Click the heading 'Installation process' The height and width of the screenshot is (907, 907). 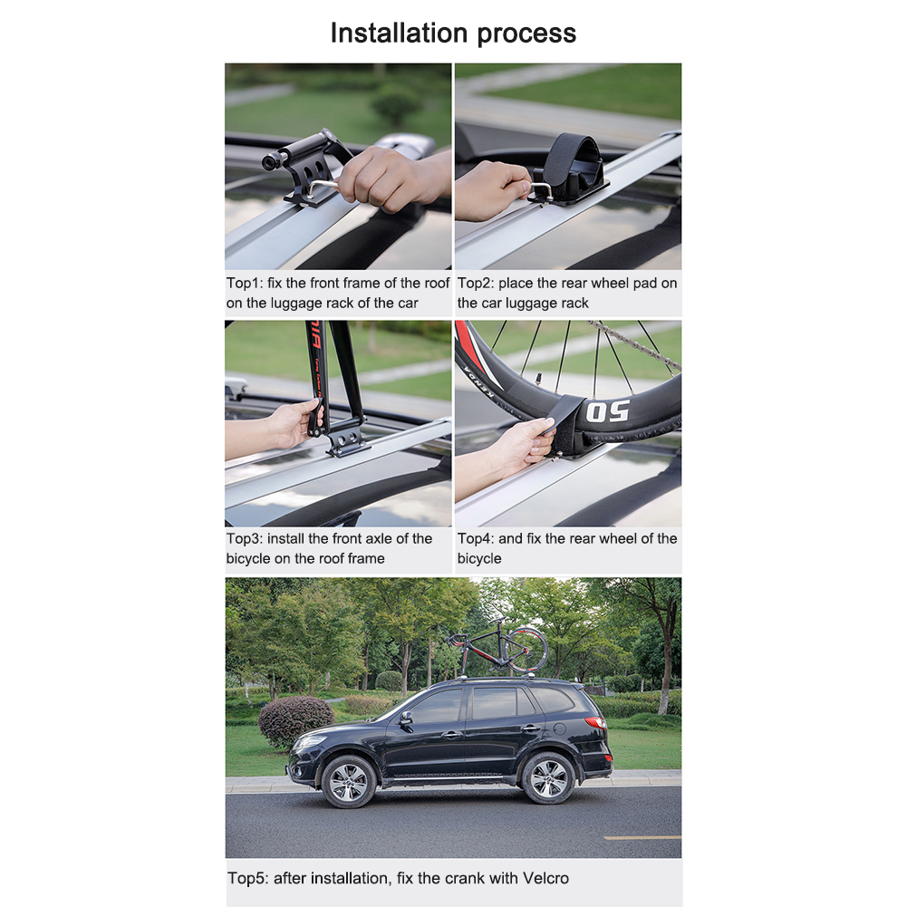tap(453, 33)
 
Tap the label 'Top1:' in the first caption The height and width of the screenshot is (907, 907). tap(245, 284)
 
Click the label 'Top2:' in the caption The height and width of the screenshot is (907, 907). tap(476, 284)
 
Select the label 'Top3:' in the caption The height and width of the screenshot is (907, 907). tap(245, 539)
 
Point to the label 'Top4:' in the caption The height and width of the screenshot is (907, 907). tap(476, 539)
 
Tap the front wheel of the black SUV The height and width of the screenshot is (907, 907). tap(348, 780)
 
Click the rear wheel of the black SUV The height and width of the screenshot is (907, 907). tap(547, 778)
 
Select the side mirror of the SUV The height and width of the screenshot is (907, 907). tap(405, 718)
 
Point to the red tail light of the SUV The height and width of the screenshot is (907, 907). tap(595, 723)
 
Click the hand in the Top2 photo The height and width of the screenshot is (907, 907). tap(489, 188)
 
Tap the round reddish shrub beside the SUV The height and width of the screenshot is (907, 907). tap(296, 721)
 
